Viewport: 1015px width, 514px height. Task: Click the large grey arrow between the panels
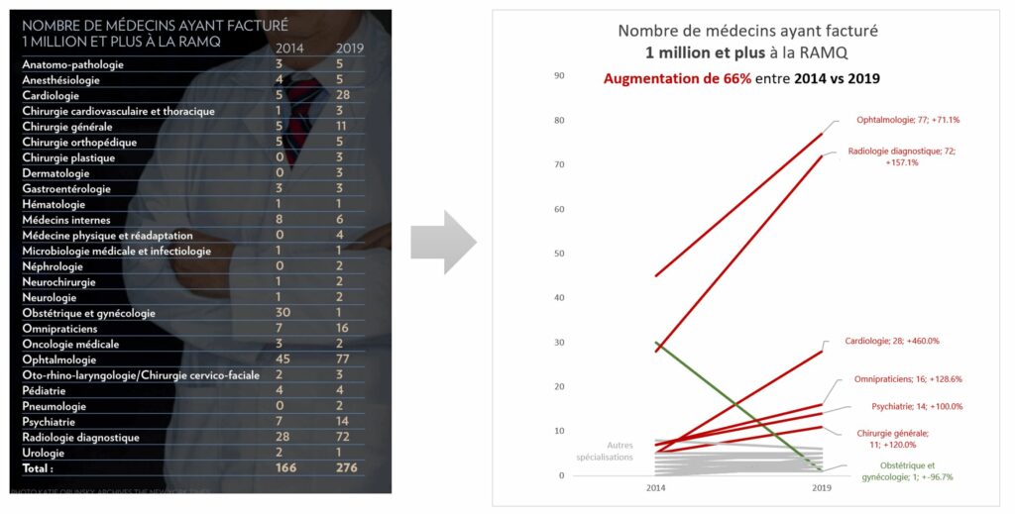[x=442, y=244]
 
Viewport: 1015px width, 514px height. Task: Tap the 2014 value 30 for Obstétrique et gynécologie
[x=282, y=313]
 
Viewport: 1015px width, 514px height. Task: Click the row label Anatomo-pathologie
[x=73, y=64]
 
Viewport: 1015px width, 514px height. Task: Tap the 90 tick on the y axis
[x=559, y=75]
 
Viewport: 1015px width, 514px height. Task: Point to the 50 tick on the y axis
[x=559, y=254]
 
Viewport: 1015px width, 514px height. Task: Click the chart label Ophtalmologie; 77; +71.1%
[x=908, y=120]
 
